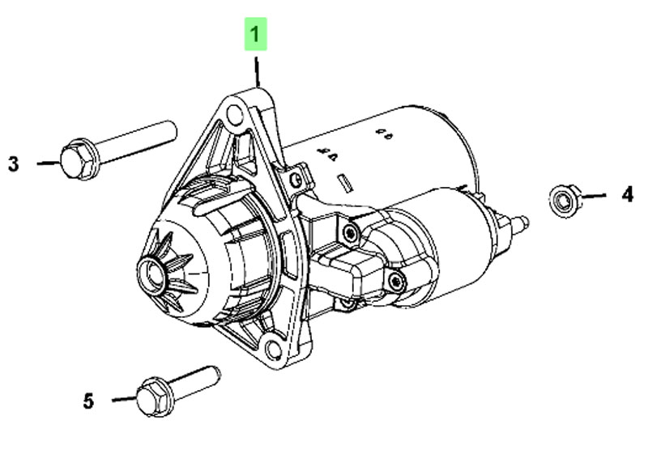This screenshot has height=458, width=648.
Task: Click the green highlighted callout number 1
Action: pyautogui.click(x=255, y=34)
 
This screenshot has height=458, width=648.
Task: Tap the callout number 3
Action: pyautogui.click(x=14, y=164)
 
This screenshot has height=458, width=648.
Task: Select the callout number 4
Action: pyautogui.click(x=627, y=194)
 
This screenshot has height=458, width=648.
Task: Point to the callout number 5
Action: pyautogui.click(x=88, y=401)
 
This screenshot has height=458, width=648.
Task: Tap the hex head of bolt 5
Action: pyautogui.click(x=155, y=397)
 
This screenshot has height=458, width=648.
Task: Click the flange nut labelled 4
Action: pyautogui.click(x=565, y=201)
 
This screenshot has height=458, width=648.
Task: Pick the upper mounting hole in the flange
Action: pyautogui.click(x=234, y=114)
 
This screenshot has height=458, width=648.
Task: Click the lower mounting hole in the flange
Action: pyautogui.click(x=273, y=350)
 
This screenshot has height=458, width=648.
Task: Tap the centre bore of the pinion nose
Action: pyautogui.click(x=151, y=274)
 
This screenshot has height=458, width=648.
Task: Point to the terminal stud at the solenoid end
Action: pyautogui.click(x=521, y=223)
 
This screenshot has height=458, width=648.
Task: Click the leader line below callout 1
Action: pyautogui.click(x=257, y=72)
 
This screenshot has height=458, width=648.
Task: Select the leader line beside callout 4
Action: pyautogui.click(x=593, y=196)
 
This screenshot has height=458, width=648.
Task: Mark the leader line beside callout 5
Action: pyautogui.click(x=125, y=399)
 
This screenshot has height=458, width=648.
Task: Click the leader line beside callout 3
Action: pyautogui.click(x=49, y=163)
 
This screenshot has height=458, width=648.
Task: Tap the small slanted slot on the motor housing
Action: pyautogui.click(x=345, y=183)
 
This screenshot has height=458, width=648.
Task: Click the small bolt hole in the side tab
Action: pyautogui.click(x=295, y=180)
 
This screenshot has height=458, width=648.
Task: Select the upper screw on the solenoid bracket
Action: pyautogui.click(x=350, y=234)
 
